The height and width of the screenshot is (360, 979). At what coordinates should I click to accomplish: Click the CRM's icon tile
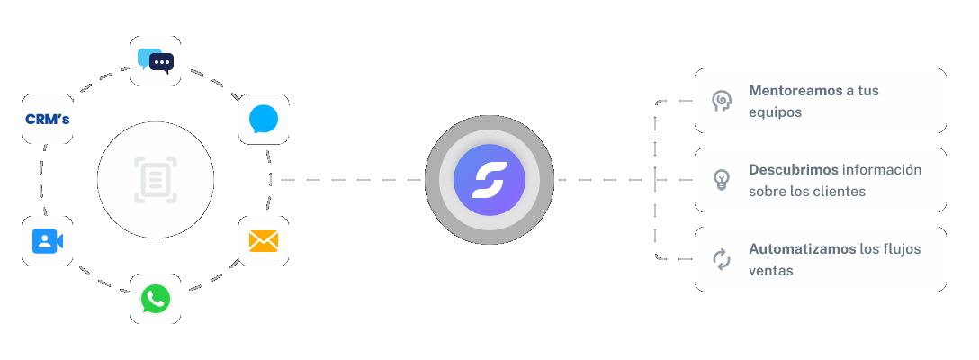pos(48,119)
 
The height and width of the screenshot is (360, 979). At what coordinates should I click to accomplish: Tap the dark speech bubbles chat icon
pos(156,61)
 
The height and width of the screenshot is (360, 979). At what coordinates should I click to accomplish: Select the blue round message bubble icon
pos(264,119)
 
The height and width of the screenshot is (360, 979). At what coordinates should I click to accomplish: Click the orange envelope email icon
pos(264,240)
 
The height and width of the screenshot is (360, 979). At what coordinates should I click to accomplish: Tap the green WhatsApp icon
pos(156,299)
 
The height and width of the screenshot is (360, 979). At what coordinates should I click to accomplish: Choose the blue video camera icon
pos(48,240)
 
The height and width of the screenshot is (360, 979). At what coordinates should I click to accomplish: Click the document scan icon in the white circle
pos(156,180)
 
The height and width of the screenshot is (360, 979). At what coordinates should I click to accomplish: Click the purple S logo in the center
pos(489,180)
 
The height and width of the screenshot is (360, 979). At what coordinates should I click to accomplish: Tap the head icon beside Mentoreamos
pos(721,101)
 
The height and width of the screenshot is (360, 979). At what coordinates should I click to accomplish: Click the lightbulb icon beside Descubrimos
pos(721,180)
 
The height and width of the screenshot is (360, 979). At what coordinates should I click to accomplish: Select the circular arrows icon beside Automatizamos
pos(721,259)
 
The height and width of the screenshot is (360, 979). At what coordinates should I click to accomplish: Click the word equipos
pos(775,113)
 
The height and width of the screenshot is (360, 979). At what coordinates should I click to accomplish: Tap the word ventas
pos(770,270)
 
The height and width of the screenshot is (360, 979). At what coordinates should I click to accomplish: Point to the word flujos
pos(903,248)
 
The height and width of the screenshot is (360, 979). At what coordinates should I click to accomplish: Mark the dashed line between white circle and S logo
pos(351,180)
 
